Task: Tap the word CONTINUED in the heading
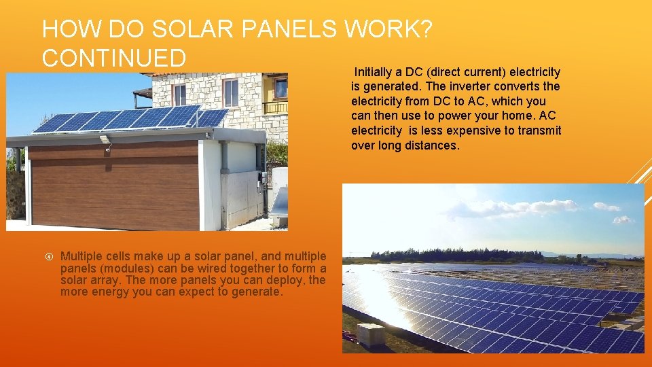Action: pos(113,58)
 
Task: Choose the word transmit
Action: pos(541,130)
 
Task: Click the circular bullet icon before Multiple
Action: pos(48,256)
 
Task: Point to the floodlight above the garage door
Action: pos(105,140)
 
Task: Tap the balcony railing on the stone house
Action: pos(275,107)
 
